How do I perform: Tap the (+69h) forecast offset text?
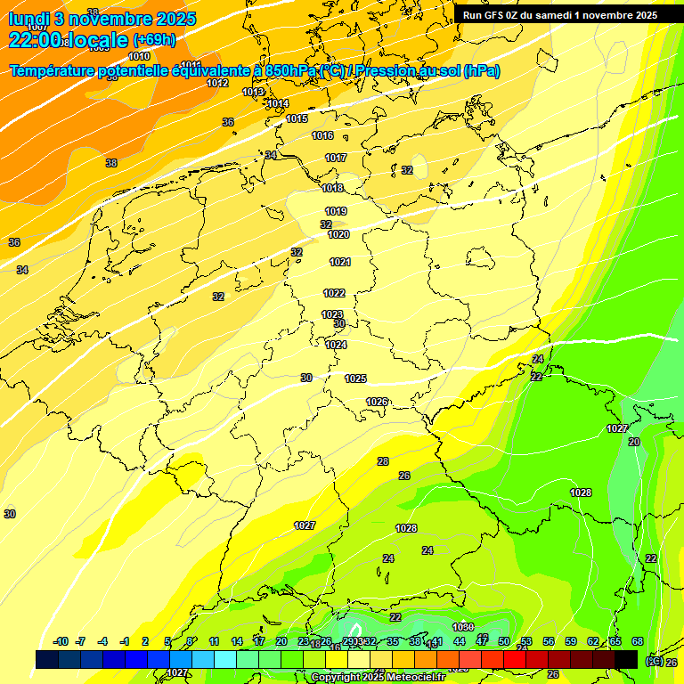[154, 40]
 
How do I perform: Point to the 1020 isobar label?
[338, 234]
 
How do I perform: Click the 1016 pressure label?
[322, 135]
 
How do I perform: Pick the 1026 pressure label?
[377, 402]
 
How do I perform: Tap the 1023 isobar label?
[332, 313]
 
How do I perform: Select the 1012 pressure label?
[217, 83]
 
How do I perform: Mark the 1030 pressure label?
[463, 627]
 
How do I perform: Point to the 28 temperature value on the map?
[383, 461]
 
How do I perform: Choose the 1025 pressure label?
[355, 379]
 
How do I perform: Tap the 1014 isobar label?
[278, 103]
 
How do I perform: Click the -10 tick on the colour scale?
[61, 641]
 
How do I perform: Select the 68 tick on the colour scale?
[638, 641]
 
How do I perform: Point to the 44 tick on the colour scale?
[460, 641]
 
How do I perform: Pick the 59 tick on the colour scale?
[571, 641]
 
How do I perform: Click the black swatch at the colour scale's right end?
[626, 659]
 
